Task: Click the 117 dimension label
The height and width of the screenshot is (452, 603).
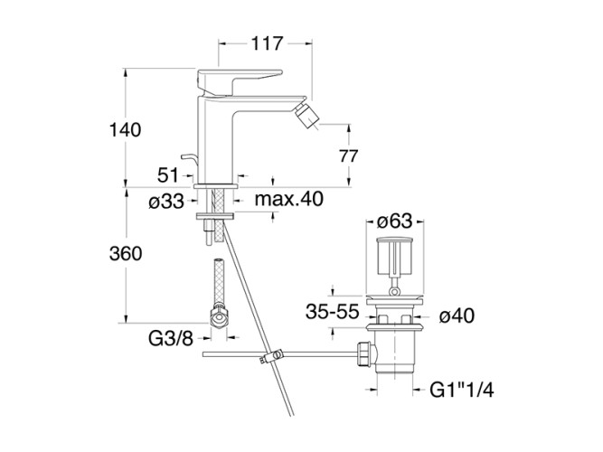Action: pos(267,42)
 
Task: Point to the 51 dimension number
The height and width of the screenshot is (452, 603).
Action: pos(169,174)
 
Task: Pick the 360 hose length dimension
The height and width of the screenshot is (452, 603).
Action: pos(125,254)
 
